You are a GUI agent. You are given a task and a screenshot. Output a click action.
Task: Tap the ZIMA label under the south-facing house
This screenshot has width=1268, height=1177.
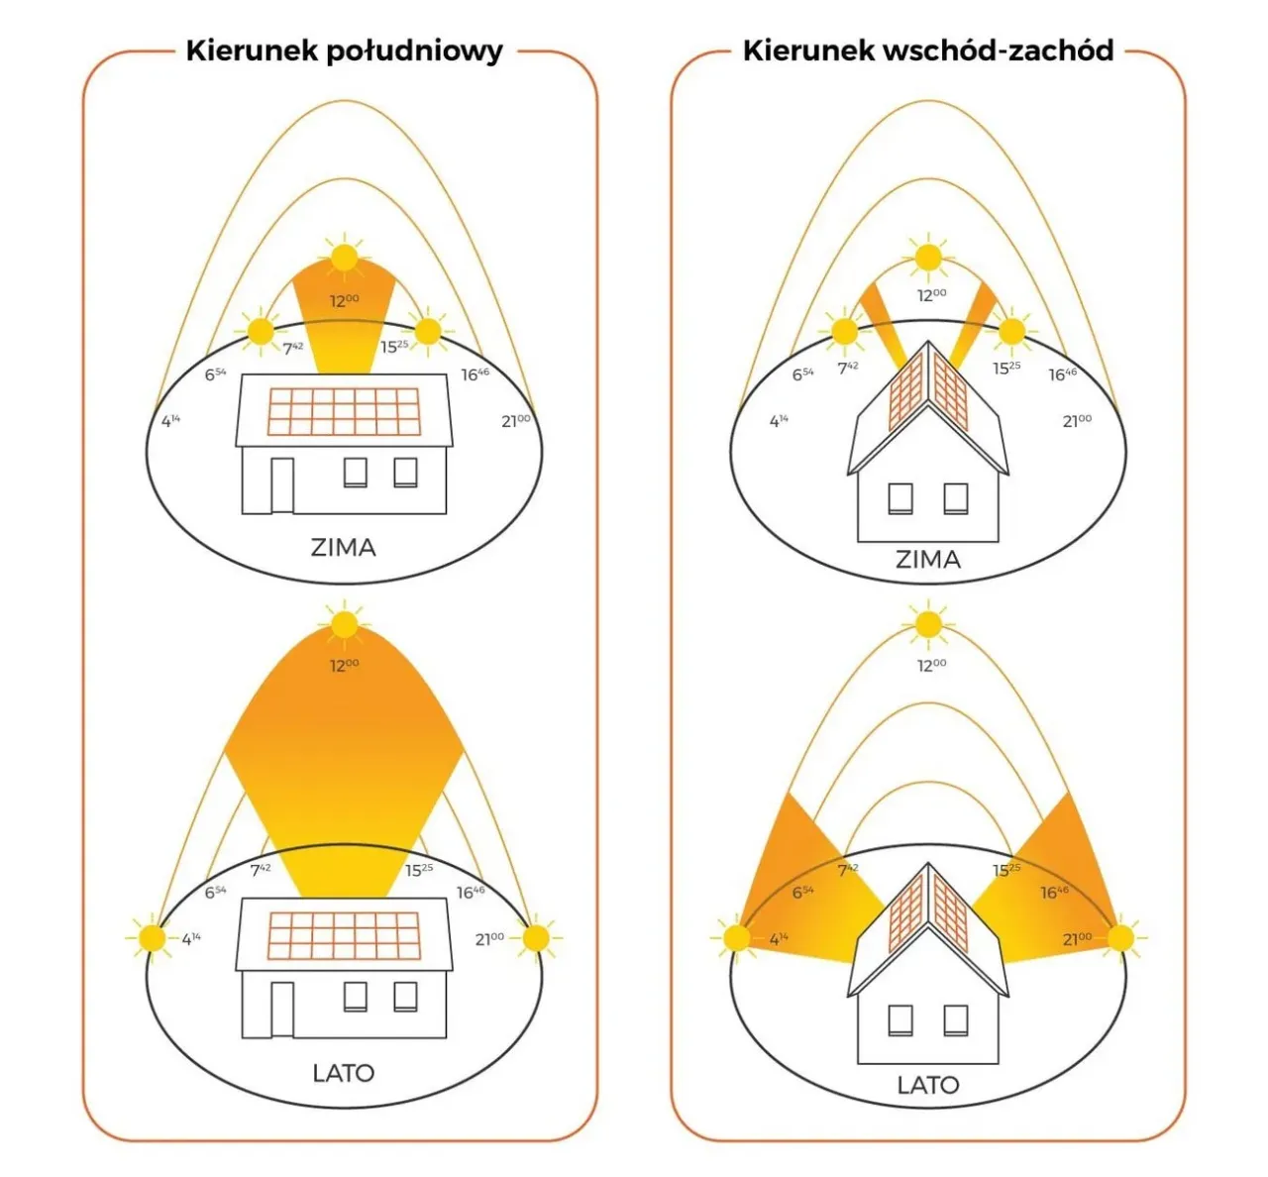click(x=343, y=547)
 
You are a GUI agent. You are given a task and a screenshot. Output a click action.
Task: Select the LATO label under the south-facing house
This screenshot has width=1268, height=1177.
click(x=343, y=1072)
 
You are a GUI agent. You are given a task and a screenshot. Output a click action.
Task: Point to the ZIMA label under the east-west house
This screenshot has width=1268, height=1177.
click(x=927, y=560)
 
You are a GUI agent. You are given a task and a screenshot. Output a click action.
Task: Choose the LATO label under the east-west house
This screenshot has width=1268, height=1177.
click(x=927, y=1085)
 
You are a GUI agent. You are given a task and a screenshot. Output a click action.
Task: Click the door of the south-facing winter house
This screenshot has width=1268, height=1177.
click(x=282, y=485)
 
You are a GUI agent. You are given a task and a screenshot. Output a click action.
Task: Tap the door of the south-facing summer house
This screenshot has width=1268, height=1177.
click(x=282, y=1010)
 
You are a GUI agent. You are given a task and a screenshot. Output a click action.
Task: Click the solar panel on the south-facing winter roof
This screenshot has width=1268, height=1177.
click(x=343, y=411)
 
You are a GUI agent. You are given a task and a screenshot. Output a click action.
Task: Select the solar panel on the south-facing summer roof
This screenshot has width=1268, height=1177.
click(x=343, y=936)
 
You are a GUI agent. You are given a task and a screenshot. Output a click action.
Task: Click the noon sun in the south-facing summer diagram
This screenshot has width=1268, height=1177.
click(x=344, y=625)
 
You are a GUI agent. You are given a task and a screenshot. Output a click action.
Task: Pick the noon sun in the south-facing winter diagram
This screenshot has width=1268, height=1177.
click(x=344, y=258)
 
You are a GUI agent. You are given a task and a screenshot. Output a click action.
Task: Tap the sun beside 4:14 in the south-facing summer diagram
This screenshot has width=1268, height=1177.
click(x=153, y=938)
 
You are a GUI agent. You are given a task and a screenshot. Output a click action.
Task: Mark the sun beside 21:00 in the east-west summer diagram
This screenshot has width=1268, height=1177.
click(x=1120, y=938)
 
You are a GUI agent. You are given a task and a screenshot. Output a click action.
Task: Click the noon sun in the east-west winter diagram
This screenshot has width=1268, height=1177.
click(x=928, y=258)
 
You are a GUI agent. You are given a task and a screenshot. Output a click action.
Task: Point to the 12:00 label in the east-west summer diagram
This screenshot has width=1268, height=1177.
click(x=931, y=665)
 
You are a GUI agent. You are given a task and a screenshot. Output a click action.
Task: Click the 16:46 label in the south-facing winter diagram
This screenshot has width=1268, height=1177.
click(x=475, y=374)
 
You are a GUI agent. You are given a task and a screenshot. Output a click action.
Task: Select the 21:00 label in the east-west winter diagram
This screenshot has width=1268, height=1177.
click(x=1077, y=421)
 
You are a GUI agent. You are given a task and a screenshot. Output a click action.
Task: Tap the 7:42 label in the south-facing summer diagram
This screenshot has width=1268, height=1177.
click(x=261, y=869)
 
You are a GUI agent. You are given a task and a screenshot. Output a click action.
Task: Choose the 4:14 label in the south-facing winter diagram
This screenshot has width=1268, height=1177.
click(x=170, y=421)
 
